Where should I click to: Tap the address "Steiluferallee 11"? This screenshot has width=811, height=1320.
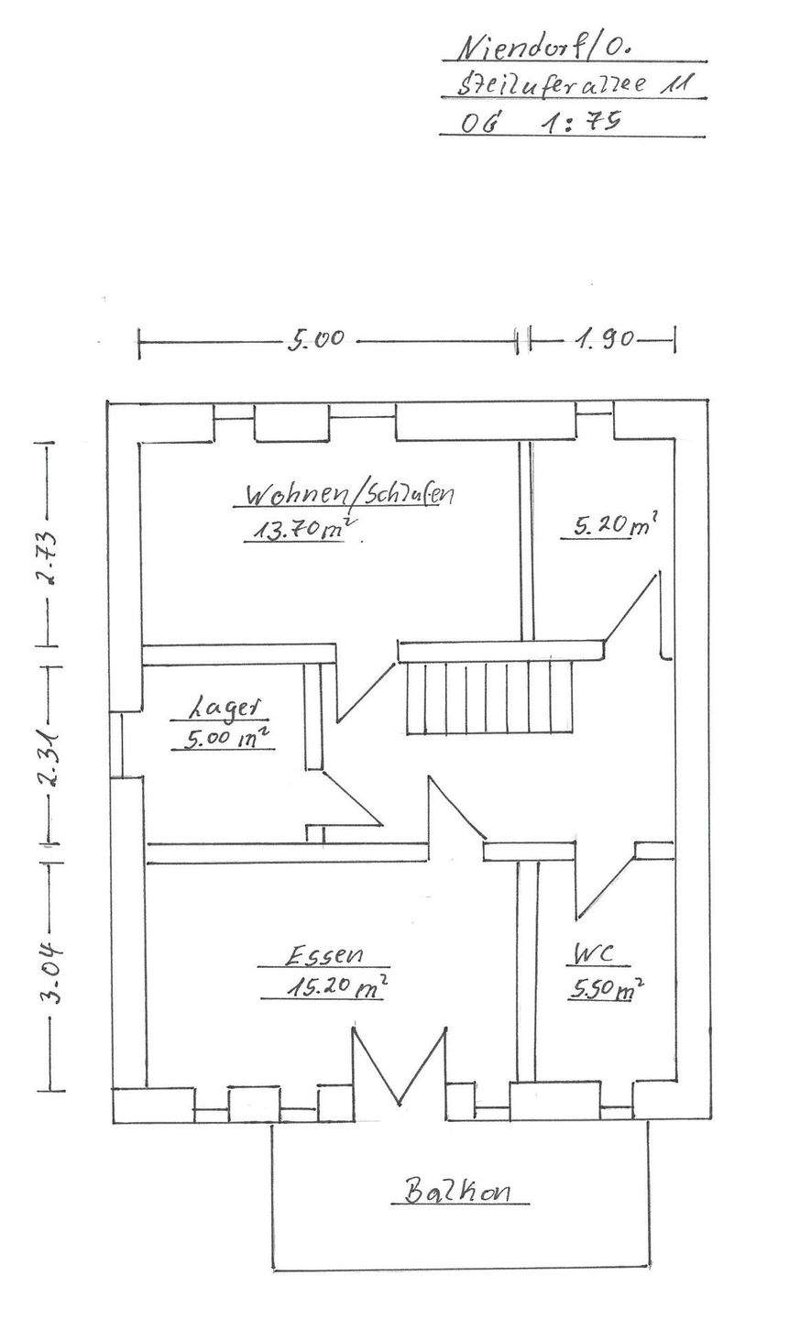click(572, 85)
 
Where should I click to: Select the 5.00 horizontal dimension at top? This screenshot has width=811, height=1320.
click(316, 340)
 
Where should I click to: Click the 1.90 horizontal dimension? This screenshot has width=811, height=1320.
click(605, 340)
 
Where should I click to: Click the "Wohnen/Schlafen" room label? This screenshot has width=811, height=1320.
click(349, 495)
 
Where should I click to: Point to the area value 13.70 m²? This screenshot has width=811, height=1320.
click(299, 529)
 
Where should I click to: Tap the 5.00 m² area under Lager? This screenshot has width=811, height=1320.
click(225, 739)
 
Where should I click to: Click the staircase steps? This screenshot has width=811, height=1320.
click(490, 698)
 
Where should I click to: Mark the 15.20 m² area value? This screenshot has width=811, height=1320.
click(323, 988)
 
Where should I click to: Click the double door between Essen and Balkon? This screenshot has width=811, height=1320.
click(400, 1068)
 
